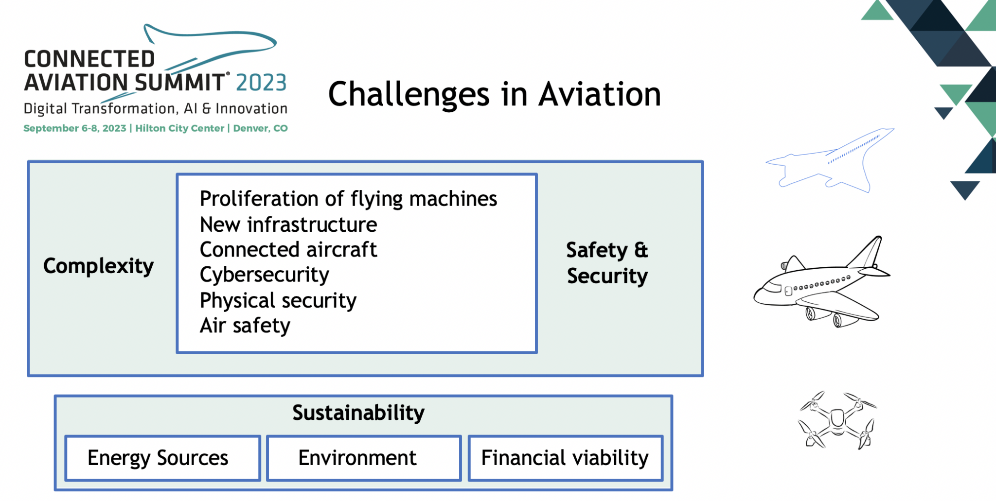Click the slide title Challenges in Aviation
(494, 94)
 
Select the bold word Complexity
(98, 266)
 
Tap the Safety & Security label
(607, 263)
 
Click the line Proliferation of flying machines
(348, 199)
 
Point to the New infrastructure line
(288, 225)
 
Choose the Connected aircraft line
(288, 250)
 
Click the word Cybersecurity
(265, 275)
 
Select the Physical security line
(278, 300)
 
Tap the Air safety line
(245, 326)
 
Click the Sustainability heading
(358, 413)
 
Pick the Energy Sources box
(162, 458)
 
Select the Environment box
(363, 458)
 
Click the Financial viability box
(565, 458)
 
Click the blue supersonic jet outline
(832, 160)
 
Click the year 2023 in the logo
(261, 83)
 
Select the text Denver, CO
(260, 128)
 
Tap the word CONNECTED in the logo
(89, 59)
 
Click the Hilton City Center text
(179, 128)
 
